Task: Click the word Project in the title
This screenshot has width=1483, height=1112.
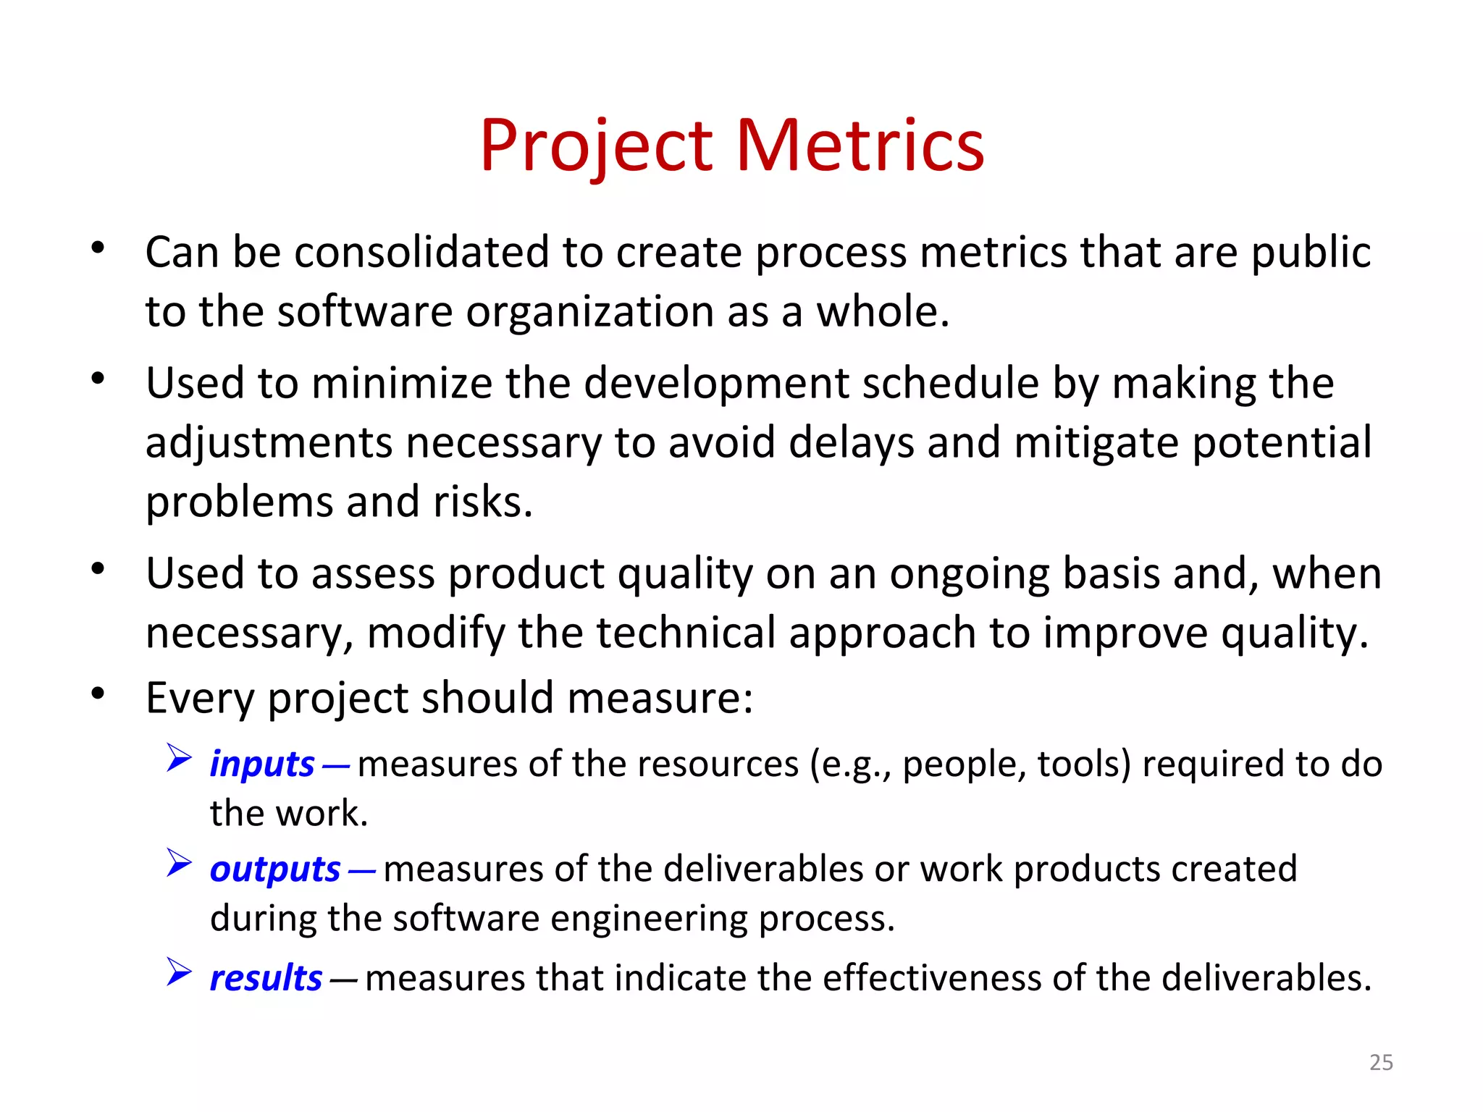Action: [x=597, y=147]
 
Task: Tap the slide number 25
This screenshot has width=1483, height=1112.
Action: [x=1381, y=1062]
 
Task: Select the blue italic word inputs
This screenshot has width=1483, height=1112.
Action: [x=262, y=764]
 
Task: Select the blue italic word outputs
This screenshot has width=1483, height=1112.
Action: [x=275, y=869]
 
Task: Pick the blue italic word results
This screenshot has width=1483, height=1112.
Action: [x=266, y=978]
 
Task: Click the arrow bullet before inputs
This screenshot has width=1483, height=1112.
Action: [x=178, y=758]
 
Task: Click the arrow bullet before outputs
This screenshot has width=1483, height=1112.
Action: [x=178, y=863]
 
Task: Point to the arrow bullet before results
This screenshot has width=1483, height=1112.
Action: [x=178, y=972]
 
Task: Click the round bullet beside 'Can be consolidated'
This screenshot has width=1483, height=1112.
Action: [x=98, y=248]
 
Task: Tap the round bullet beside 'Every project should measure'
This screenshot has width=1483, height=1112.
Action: [x=98, y=694]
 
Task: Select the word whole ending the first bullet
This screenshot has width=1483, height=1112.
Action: [x=882, y=312]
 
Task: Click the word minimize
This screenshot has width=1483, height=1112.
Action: [x=401, y=383]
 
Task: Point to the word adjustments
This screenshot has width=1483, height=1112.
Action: [x=269, y=444]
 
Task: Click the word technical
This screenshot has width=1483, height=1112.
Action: [x=686, y=633]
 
